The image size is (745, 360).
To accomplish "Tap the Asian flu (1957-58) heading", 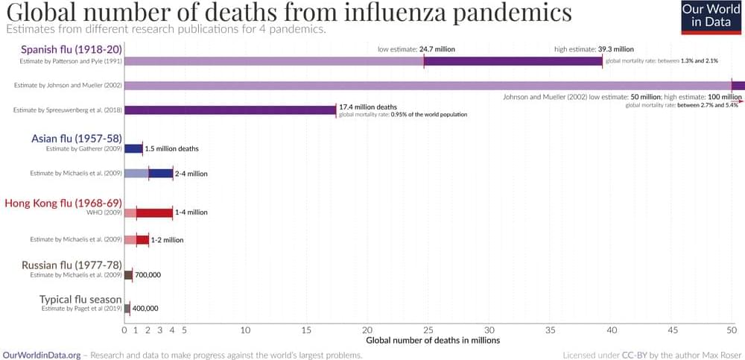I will [77, 139].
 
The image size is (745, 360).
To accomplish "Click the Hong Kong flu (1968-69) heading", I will [63, 203].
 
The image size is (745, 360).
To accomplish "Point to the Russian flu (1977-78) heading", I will [72, 265].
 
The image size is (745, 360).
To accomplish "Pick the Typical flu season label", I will [80, 300].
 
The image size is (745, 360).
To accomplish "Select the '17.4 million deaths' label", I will [368, 107].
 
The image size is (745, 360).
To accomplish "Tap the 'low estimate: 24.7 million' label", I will [416, 49].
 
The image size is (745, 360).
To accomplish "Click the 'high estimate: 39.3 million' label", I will [594, 49].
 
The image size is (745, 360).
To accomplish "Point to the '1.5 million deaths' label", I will [171, 148].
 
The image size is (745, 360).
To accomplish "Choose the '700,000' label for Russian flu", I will [148, 274].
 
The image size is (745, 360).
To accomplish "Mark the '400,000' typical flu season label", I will [145, 308].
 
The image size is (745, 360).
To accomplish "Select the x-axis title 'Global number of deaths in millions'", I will [432, 340].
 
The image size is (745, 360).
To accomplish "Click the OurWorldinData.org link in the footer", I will [42, 355].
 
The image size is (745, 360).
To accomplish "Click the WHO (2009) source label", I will [100, 212].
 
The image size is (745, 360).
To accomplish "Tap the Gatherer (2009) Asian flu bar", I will [133, 148].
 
